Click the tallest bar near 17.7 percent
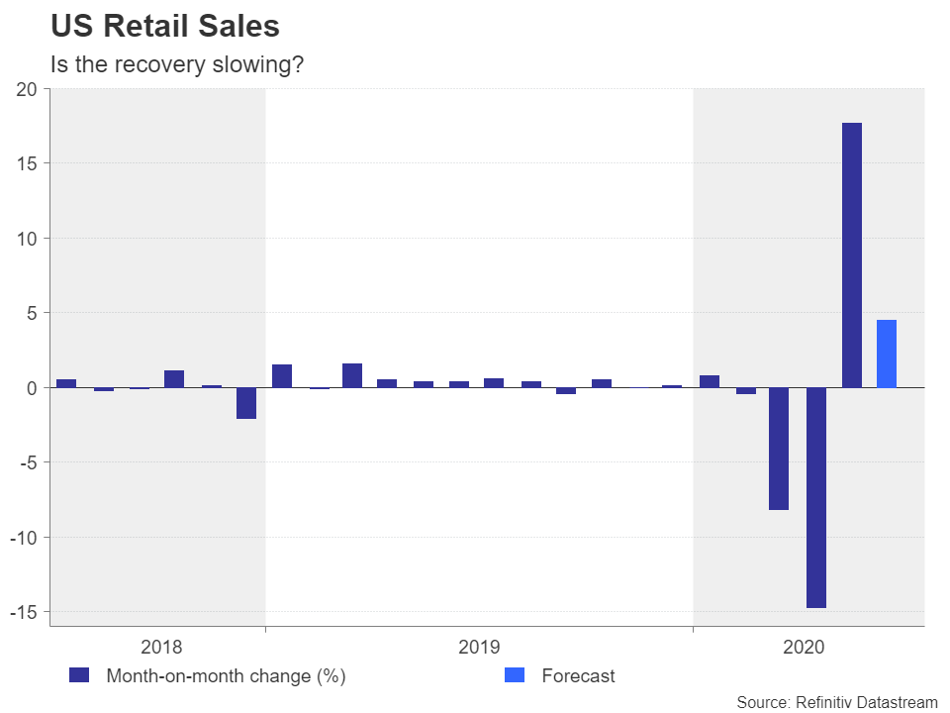[x=851, y=255]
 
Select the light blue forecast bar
[x=887, y=354]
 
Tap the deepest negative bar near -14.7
[x=815, y=497]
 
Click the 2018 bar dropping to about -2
[x=245, y=403]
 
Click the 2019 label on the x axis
[x=479, y=648]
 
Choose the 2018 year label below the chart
[x=161, y=648]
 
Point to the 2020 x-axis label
[x=803, y=648]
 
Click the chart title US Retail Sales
[x=165, y=27]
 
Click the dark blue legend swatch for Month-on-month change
[x=79, y=675]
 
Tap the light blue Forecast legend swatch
[x=515, y=675]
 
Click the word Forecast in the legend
[x=578, y=676]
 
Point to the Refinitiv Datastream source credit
[x=836, y=702]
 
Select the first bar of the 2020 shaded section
[x=709, y=381]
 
